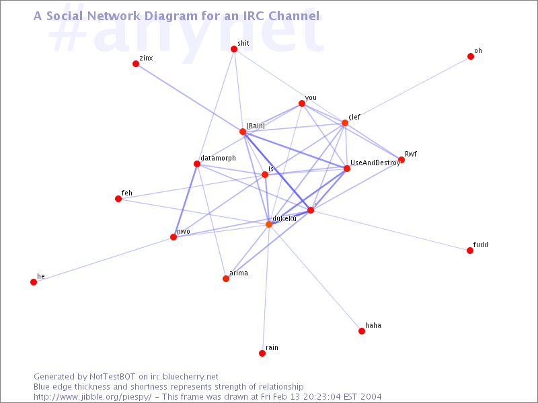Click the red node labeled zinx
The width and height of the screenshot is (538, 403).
136,64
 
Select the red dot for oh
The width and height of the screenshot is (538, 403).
471,56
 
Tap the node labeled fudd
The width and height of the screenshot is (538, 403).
470,251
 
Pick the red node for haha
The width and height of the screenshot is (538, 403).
362,331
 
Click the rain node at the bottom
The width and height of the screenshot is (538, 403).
262,353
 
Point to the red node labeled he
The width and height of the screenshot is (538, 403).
34,282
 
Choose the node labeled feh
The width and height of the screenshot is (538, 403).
118,199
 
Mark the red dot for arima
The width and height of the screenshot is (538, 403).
226,279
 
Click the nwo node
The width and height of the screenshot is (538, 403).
174,237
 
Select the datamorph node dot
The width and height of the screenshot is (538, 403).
197,164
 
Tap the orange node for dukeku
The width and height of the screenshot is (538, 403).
269,224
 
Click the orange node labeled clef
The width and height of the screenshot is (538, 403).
345,123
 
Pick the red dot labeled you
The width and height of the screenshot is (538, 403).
302,103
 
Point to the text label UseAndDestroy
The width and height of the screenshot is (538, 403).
375,163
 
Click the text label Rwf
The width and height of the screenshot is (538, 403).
411,154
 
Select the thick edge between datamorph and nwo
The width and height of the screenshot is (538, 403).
186,200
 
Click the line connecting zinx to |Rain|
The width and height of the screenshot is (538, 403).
190,97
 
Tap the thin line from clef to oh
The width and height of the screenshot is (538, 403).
408,90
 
